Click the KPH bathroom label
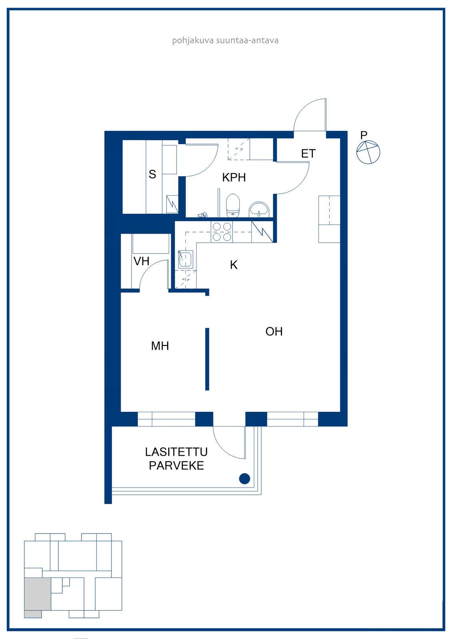click(234, 177)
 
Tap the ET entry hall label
click(308, 154)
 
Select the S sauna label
click(152, 174)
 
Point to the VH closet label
click(141, 261)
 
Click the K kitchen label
click(233, 265)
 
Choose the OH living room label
click(274, 331)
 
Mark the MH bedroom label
click(160, 346)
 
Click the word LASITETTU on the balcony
click(176, 452)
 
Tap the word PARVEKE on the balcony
click(177, 466)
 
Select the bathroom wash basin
click(259, 210)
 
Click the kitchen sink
click(185, 259)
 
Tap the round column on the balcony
click(245, 479)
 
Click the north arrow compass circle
click(368, 152)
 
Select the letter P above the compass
click(364, 135)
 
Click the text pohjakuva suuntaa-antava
click(225, 40)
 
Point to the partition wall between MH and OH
click(207, 359)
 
